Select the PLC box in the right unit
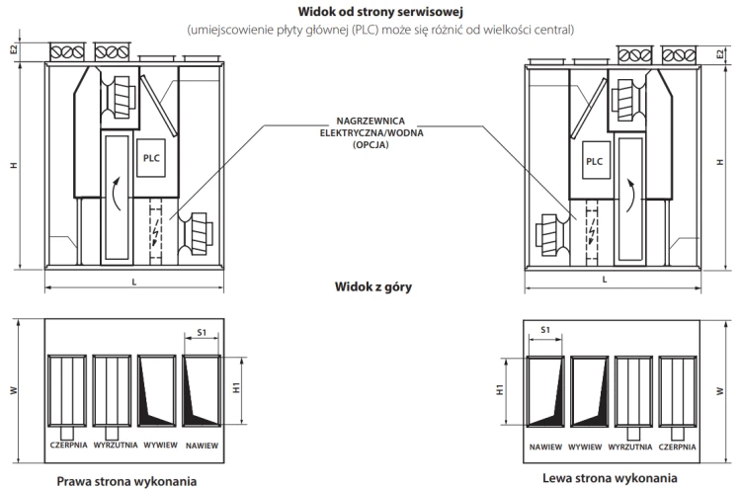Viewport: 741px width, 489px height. coord(594,161)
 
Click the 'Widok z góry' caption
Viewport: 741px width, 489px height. coord(370,288)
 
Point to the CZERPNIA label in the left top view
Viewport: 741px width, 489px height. coord(69,446)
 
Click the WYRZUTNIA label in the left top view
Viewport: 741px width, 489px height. coord(115,446)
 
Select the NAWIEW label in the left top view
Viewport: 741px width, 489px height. coord(202,446)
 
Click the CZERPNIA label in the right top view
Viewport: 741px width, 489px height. coord(678,446)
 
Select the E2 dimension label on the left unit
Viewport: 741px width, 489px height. coord(14,49)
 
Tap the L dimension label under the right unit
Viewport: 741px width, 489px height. coord(604,281)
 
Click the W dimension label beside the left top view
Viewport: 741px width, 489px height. coord(14,390)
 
